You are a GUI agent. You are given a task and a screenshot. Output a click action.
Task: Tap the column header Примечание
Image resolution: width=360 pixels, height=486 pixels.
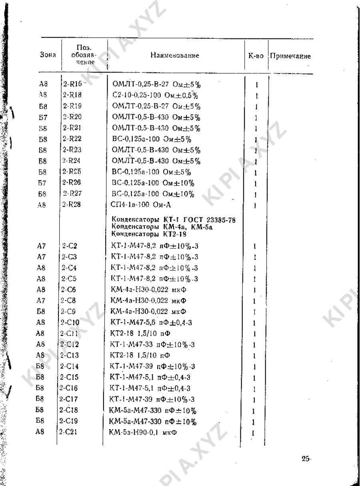pos(290,56)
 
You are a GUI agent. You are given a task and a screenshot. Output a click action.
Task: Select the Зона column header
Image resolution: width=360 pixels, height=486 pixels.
pos(48,56)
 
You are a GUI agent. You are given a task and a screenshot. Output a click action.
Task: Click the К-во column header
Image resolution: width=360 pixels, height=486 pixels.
pos(256,56)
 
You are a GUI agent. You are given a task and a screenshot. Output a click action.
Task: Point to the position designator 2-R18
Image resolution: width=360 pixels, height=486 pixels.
pos(72,95)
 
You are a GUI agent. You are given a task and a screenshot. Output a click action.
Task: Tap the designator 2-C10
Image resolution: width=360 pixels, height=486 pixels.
pos(71,323)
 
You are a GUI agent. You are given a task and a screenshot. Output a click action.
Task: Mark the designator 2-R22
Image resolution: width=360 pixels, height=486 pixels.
pos(72,139)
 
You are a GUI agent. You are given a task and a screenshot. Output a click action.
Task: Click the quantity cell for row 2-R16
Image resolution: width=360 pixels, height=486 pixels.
pos(255,85)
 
